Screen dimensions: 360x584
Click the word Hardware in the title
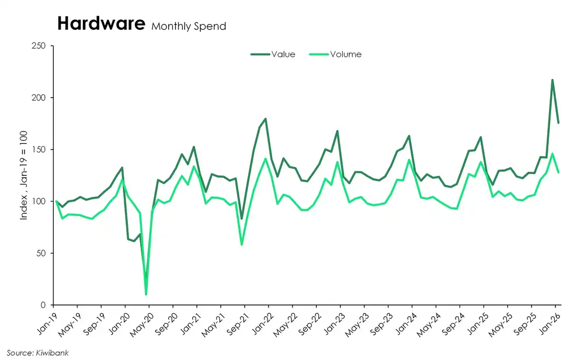coord(100,24)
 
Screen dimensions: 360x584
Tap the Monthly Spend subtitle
coord(189,26)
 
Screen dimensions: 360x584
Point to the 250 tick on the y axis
coord(39,46)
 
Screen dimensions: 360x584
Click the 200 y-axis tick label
coord(39,98)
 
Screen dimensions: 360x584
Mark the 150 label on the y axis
coord(39,150)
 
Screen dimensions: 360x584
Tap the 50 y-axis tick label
coord(41,254)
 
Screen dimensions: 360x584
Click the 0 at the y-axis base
coord(44,305)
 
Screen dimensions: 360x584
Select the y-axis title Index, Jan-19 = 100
coord(24,175)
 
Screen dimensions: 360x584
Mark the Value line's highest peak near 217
coord(552,80)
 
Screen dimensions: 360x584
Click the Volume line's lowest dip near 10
coord(146,295)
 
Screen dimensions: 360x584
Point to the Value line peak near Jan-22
coord(266,119)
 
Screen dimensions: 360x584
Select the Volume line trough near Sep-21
coord(242,245)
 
